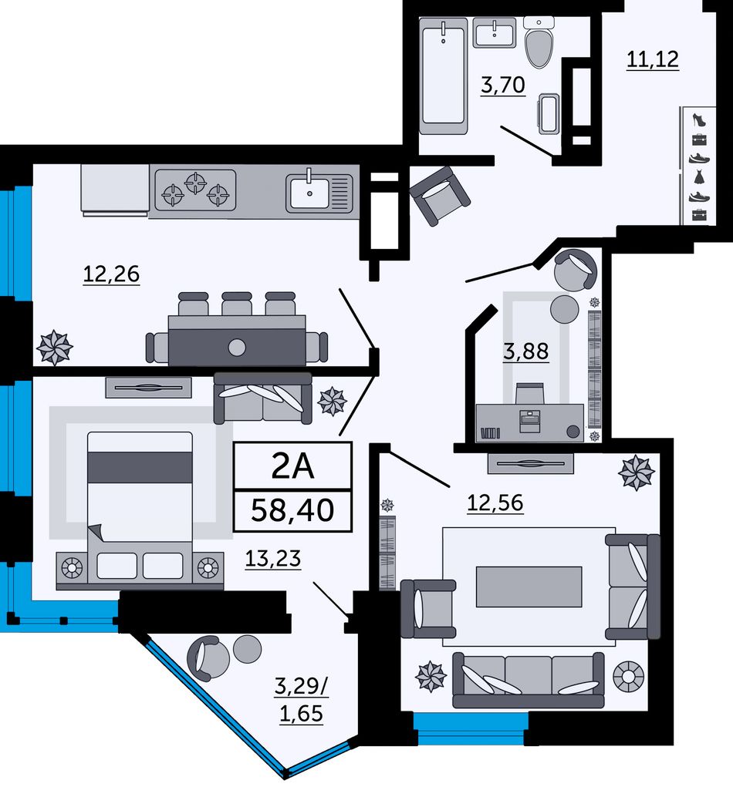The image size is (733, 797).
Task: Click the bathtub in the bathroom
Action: coord(443,76)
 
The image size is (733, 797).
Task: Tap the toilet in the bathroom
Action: coord(539,42)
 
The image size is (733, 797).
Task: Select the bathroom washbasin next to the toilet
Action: coord(495,33)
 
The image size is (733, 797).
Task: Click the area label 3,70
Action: coord(502,86)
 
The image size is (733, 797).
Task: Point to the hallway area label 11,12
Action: coord(652,60)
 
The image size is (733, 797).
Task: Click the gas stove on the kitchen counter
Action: coord(195,190)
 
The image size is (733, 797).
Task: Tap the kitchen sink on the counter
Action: coord(319,193)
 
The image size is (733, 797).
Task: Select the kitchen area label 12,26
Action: coord(111,274)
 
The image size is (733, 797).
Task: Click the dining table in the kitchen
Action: coord(237,340)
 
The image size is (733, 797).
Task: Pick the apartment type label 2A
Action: coord(292,466)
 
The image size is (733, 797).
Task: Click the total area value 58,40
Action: coord(292,509)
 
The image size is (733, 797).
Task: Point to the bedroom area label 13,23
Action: coord(273,559)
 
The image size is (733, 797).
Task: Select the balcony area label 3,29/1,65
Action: coord(301,700)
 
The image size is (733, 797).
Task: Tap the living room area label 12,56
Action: coord(495,503)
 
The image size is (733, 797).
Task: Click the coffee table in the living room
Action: coord(529,587)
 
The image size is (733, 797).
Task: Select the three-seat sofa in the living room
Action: coord(528,680)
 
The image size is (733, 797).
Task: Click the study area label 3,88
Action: coord(526,351)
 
